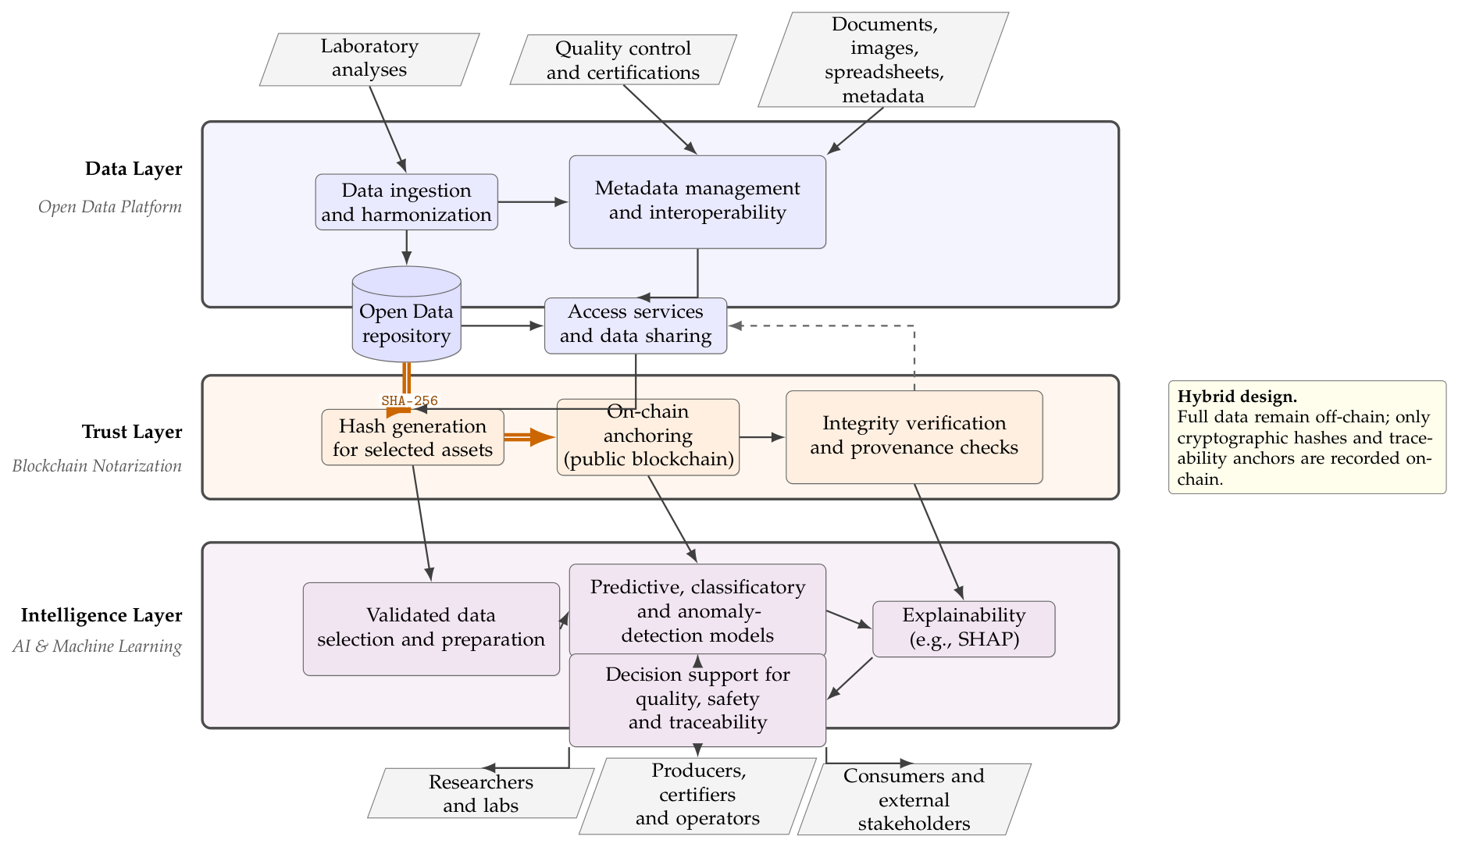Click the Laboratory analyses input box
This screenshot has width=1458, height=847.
click(369, 59)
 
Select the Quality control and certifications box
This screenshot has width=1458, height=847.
click(623, 60)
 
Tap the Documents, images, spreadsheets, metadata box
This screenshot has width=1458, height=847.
click(883, 59)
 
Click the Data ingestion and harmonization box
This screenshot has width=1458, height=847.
click(406, 202)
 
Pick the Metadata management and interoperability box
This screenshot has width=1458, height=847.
click(697, 202)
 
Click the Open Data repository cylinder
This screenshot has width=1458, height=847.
click(406, 315)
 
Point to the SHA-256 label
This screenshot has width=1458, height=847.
click(410, 401)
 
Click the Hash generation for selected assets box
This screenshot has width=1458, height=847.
click(412, 437)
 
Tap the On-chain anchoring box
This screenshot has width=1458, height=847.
click(647, 437)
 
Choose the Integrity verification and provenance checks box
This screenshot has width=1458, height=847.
click(914, 437)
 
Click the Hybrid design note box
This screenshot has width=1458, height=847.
click(1307, 437)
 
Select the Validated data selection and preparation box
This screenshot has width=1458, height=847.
click(431, 629)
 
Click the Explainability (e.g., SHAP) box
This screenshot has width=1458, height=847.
click(964, 629)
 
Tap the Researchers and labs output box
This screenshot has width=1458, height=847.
click(480, 793)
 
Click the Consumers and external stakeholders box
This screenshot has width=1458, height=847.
click(914, 799)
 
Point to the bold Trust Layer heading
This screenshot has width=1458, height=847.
click(132, 432)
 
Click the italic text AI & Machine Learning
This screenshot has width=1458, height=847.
click(97, 646)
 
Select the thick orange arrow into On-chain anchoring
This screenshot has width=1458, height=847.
click(529, 437)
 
